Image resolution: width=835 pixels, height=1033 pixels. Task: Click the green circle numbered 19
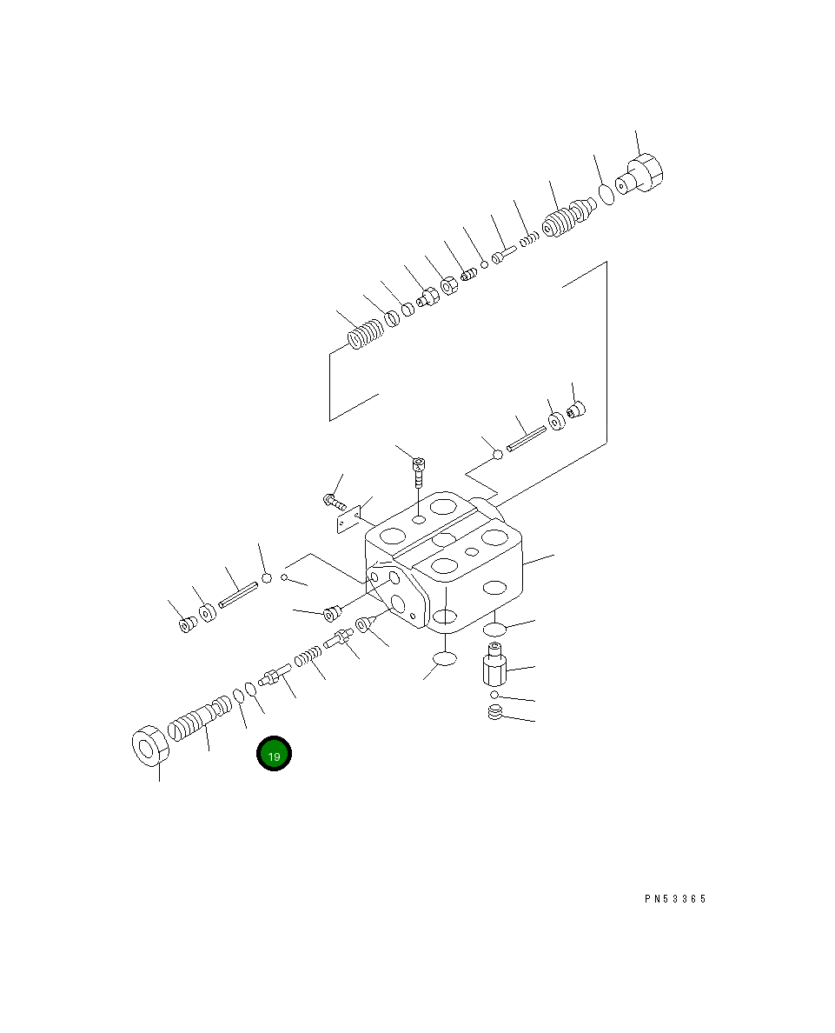(274, 755)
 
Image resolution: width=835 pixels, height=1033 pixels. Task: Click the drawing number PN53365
(675, 899)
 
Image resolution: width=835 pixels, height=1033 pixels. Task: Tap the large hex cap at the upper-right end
(645, 174)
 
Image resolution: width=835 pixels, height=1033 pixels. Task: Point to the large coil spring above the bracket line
(365, 334)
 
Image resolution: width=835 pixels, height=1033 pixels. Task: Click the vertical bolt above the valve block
(418, 470)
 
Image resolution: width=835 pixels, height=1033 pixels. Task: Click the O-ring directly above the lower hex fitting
(494, 629)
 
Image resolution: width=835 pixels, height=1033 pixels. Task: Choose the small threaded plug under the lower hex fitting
(495, 714)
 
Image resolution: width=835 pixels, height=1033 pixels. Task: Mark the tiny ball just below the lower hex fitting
(494, 695)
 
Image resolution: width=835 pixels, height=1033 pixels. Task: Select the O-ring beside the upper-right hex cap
(606, 194)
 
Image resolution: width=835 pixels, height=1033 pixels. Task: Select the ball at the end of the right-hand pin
(498, 454)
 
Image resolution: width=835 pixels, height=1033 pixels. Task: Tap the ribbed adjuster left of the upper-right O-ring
(567, 220)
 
